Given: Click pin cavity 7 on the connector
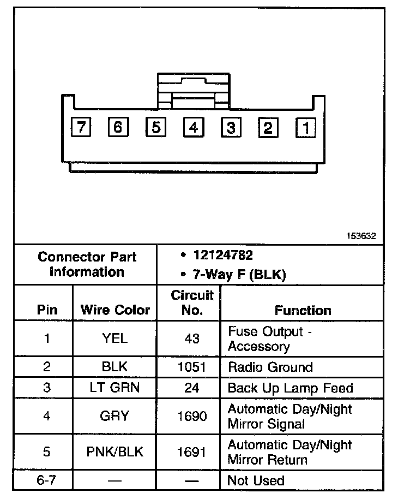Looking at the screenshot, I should pos(81,128).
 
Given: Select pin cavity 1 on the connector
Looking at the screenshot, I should pos(305,128).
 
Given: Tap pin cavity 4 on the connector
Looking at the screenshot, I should pos(193,128).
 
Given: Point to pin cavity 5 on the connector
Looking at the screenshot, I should pos(155,128).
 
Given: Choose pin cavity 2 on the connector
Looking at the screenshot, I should pos(268,128).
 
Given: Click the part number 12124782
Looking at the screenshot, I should pos(222,256).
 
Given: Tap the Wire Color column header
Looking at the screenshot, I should pos(115,310).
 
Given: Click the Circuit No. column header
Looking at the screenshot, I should pos(192,303).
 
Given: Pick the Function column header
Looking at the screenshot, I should pos(303,310).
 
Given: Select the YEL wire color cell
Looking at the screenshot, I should pos(115,338).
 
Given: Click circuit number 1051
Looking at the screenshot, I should pos(192,367).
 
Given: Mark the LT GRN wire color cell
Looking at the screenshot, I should pos(115,388).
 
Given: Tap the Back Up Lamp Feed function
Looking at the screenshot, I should pos(290,388).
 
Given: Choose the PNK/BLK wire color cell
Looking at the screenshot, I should pos(115,452).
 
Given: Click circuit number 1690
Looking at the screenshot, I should pos(192,416).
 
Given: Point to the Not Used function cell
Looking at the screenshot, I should pos(256,481).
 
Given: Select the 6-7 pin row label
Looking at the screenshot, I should pos(47,481).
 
